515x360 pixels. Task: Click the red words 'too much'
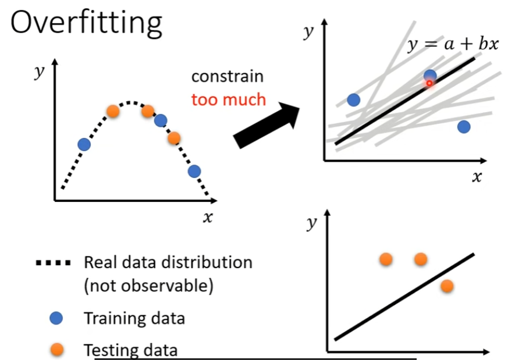pyautogui.click(x=229, y=99)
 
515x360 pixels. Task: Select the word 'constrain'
pyautogui.click(x=227, y=76)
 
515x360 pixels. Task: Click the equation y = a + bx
pyautogui.click(x=453, y=44)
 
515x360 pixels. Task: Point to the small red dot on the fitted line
pyautogui.click(x=429, y=83)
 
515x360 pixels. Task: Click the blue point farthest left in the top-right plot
pyautogui.click(x=353, y=99)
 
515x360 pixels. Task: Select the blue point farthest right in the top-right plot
pyautogui.click(x=463, y=126)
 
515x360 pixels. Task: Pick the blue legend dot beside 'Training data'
pyautogui.click(x=56, y=318)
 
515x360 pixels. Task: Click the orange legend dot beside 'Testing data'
pyautogui.click(x=56, y=350)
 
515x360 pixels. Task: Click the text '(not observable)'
pyautogui.click(x=148, y=286)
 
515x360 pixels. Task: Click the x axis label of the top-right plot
pyautogui.click(x=477, y=177)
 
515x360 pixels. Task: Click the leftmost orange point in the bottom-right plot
pyautogui.click(x=386, y=259)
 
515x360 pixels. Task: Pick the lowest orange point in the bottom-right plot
pyautogui.click(x=447, y=286)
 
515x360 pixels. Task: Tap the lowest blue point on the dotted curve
pyautogui.click(x=194, y=171)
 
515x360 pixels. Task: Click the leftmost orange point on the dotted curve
pyautogui.click(x=113, y=111)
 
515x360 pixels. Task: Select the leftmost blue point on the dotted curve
pyautogui.click(x=84, y=144)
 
